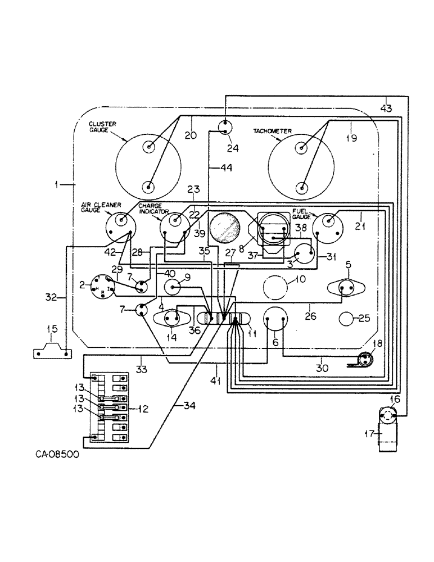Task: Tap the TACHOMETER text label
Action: (272, 130)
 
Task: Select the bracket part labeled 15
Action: (51, 352)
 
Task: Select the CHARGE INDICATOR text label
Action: (150, 210)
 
